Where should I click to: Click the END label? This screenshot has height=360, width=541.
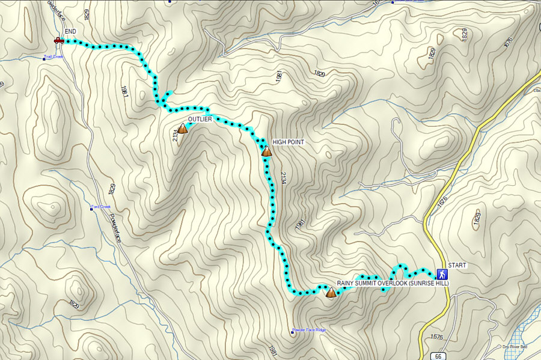(x=70, y=31)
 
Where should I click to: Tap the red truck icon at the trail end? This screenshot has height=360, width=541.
(x=59, y=40)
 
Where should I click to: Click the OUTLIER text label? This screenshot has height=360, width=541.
(x=200, y=120)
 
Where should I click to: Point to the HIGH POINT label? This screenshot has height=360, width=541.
(x=289, y=142)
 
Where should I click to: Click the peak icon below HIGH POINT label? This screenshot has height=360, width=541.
(x=267, y=151)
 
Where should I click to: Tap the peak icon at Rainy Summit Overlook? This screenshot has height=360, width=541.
(x=331, y=293)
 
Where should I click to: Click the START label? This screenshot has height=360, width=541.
(x=457, y=265)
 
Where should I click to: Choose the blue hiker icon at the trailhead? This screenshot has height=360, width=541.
(x=442, y=273)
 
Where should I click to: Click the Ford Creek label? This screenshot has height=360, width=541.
(x=102, y=207)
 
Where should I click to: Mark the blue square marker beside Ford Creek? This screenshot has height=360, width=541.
(x=91, y=209)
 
